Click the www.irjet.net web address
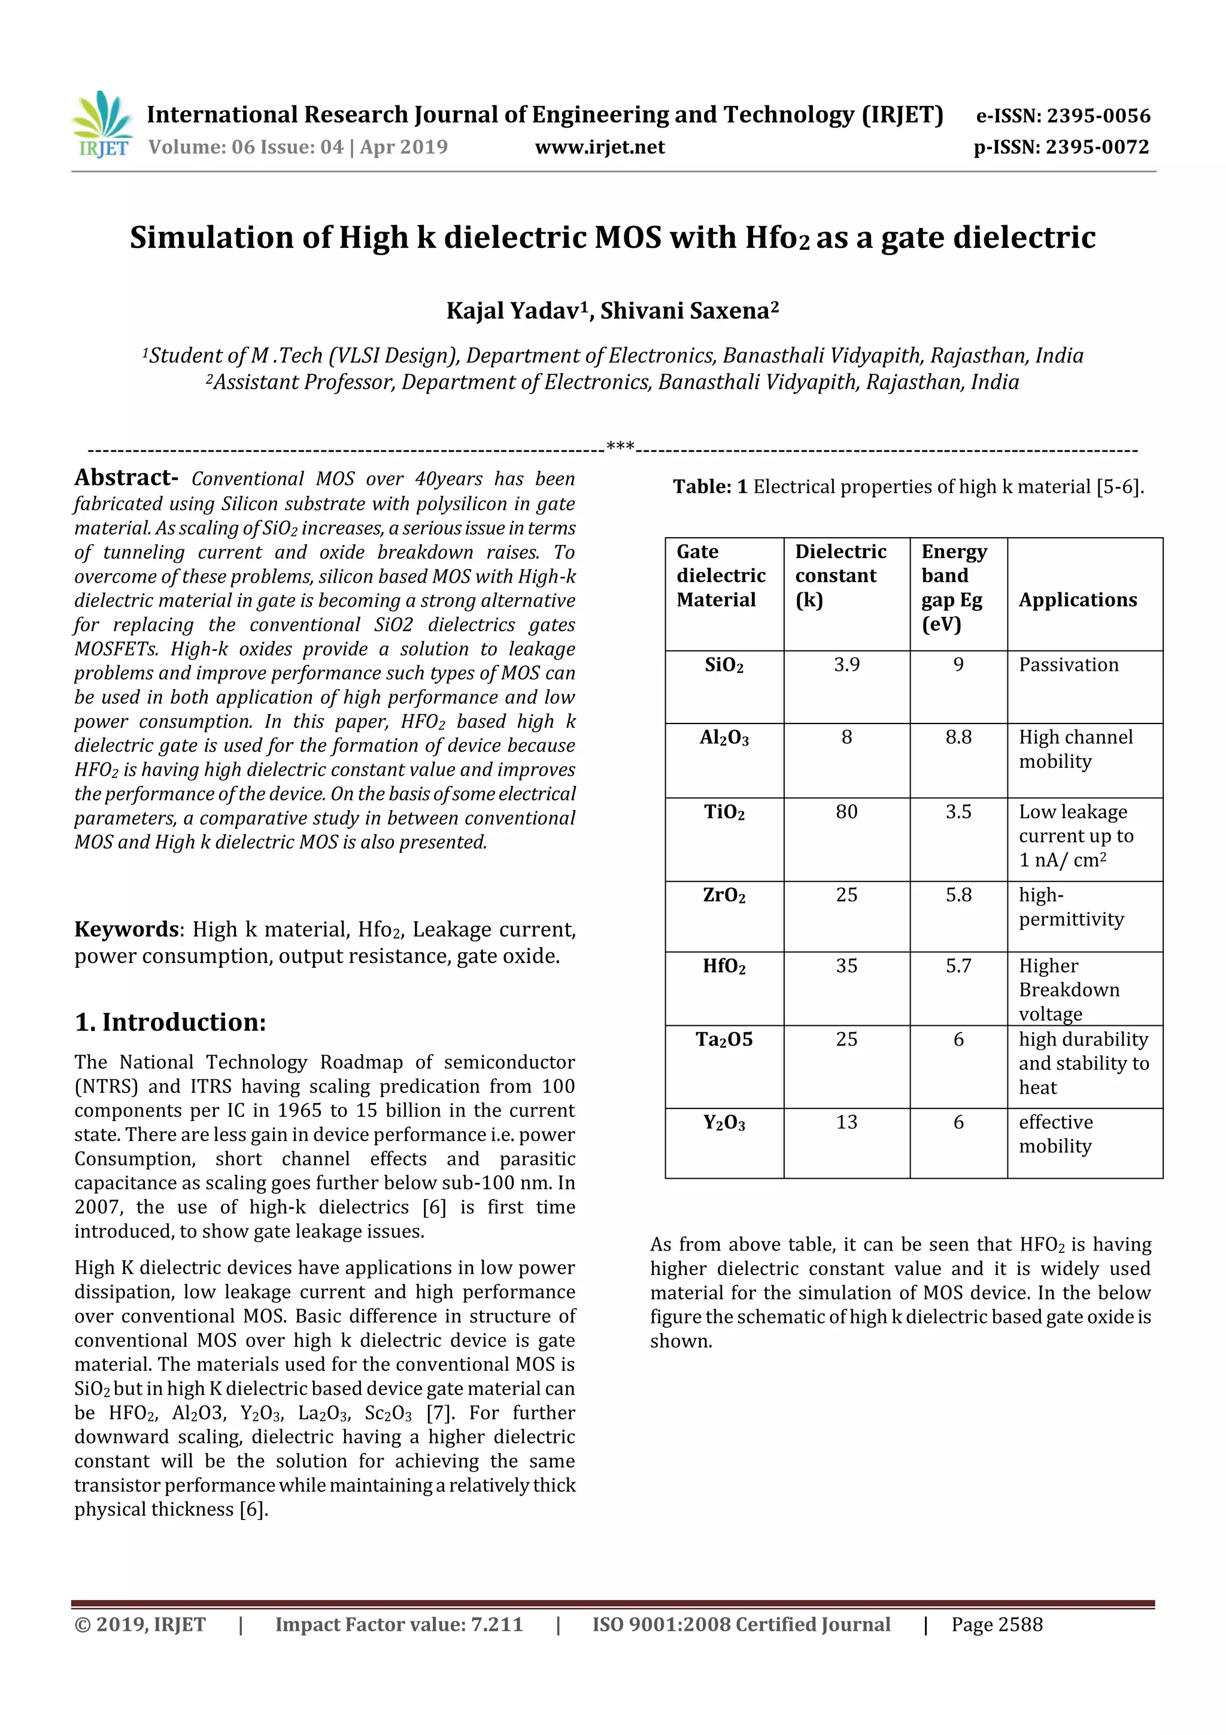[600, 147]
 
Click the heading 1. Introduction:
[170, 1022]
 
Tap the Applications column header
[1077, 599]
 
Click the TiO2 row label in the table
[724, 812]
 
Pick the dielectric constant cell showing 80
[846, 812]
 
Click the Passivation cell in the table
[1068, 664]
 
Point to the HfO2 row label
[724, 967]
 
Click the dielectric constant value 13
[846, 1122]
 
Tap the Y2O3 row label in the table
[724, 1123]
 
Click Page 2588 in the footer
[996, 1625]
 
